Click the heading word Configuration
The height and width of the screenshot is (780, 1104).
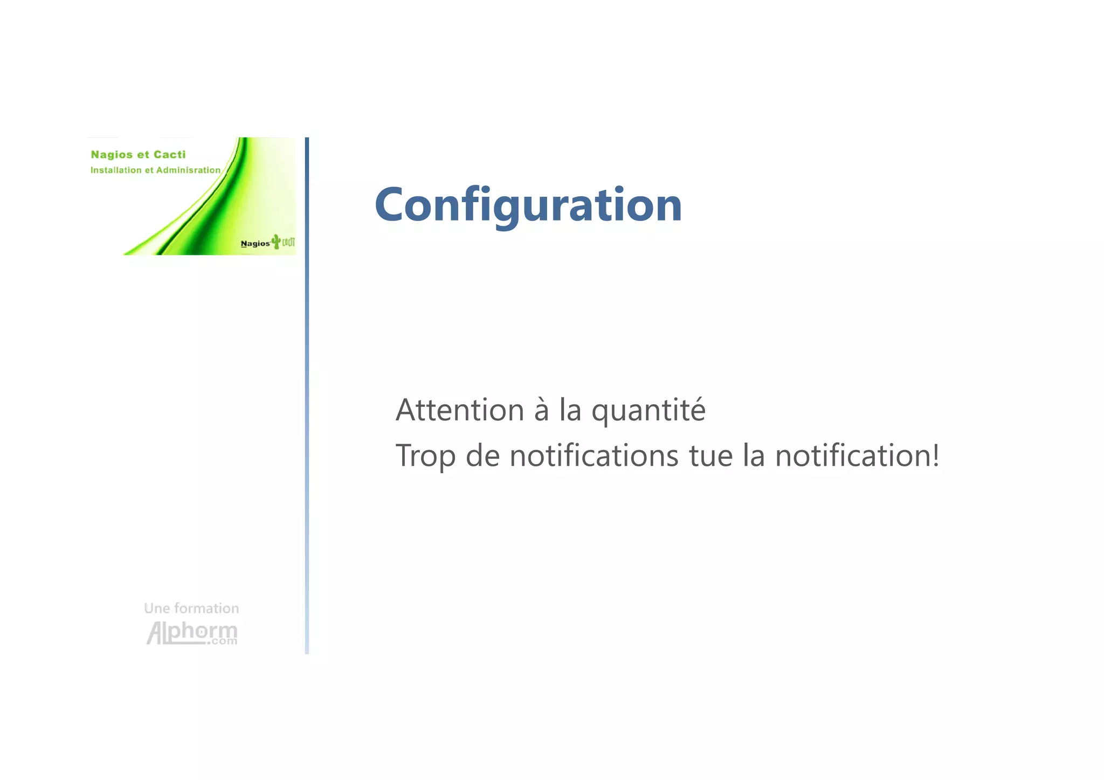528,205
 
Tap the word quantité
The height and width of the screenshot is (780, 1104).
648,411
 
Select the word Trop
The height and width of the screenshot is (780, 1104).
425,456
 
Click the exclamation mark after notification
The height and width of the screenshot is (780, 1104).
935,455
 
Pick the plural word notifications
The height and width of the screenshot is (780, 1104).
594,455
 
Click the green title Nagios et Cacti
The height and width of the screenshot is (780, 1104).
138,155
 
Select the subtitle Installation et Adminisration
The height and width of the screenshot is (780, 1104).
155,170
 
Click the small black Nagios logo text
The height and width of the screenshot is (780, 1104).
255,244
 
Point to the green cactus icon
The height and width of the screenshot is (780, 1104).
276,241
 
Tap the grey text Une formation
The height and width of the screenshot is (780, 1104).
191,609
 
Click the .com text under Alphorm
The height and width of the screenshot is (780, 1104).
222,641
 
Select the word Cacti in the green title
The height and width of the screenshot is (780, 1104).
169,155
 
